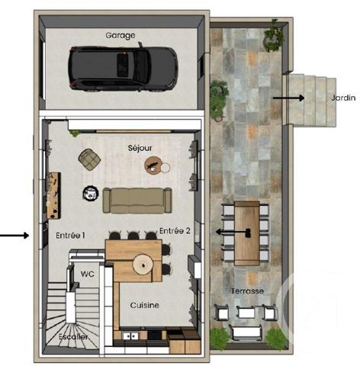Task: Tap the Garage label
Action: (121, 35)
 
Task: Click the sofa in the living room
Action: (136, 200)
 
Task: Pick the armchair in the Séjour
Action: (90, 159)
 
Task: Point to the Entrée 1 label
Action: (69, 236)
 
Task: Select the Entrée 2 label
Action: (175, 231)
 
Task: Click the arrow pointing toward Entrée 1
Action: (15, 235)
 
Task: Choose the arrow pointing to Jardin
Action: (288, 98)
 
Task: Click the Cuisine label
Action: (144, 305)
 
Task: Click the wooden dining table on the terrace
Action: (246, 232)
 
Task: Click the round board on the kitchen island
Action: (143, 264)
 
